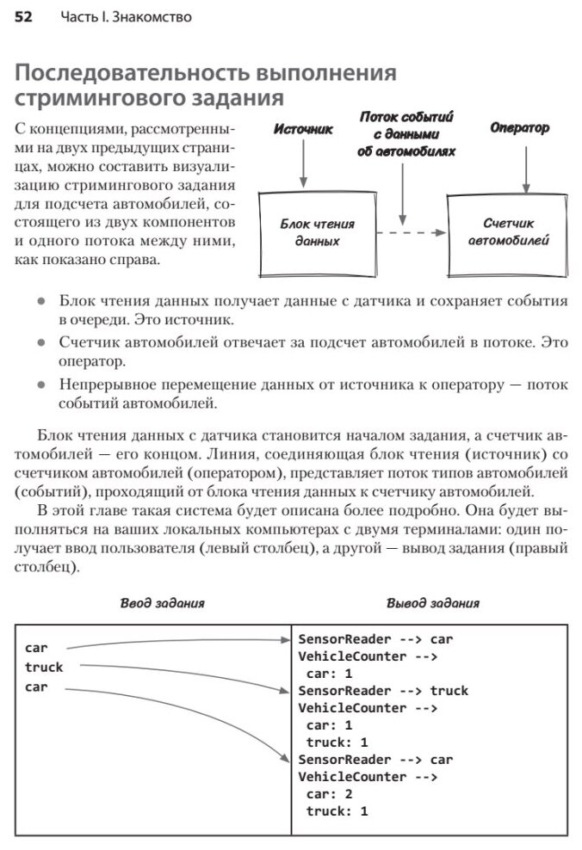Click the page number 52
[x=23, y=17]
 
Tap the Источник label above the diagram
[x=303, y=130]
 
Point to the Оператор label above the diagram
[x=519, y=128]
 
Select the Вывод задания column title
[x=432, y=603]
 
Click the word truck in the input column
[x=44, y=667]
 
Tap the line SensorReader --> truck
[x=383, y=691]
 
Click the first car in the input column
[x=36, y=647]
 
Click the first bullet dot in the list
[x=42, y=303]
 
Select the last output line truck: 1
[x=337, y=810]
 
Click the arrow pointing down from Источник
[x=303, y=163]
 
